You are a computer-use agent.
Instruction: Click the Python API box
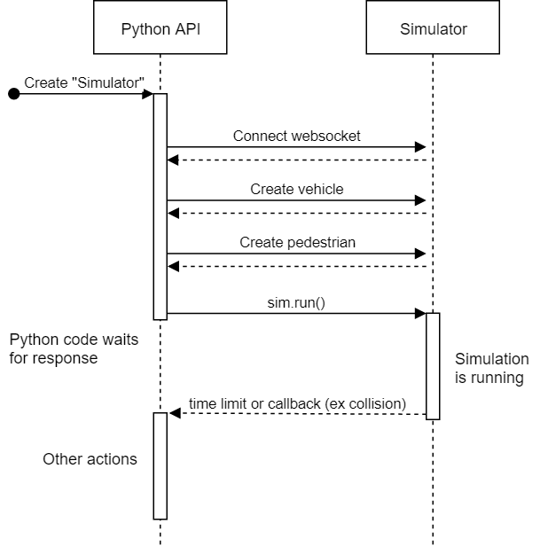pyautogui.click(x=160, y=29)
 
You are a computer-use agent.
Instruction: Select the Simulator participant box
pyautogui.click(x=433, y=29)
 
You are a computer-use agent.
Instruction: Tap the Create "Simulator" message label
pyautogui.click(x=84, y=83)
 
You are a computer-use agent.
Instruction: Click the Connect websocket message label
pyautogui.click(x=296, y=137)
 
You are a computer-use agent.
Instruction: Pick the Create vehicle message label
pyautogui.click(x=296, y=190)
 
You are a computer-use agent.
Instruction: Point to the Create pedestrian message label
pyautogui.click(x=297, y=243)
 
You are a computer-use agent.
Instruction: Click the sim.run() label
pyautogui.click(x=296, y=302)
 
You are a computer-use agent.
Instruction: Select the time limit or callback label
pyautogui.click(x=297, y=404)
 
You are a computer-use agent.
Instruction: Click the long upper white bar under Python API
pyautogui.click(x=160, y=206)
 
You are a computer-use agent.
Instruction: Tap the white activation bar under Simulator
pyautogui.click(x=433, y=365)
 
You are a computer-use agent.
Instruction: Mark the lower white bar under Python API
pyautogui.click(x=160, y=465)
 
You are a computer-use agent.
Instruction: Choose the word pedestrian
pyautogui.click(x=322, y=243)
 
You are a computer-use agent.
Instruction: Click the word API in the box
pyautogui.click(x=187, y=29)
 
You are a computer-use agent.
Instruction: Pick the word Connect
pyautogui.click(x=261, y=137)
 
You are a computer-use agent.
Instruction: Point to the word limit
pyautogui.click(x=232, y=404)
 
